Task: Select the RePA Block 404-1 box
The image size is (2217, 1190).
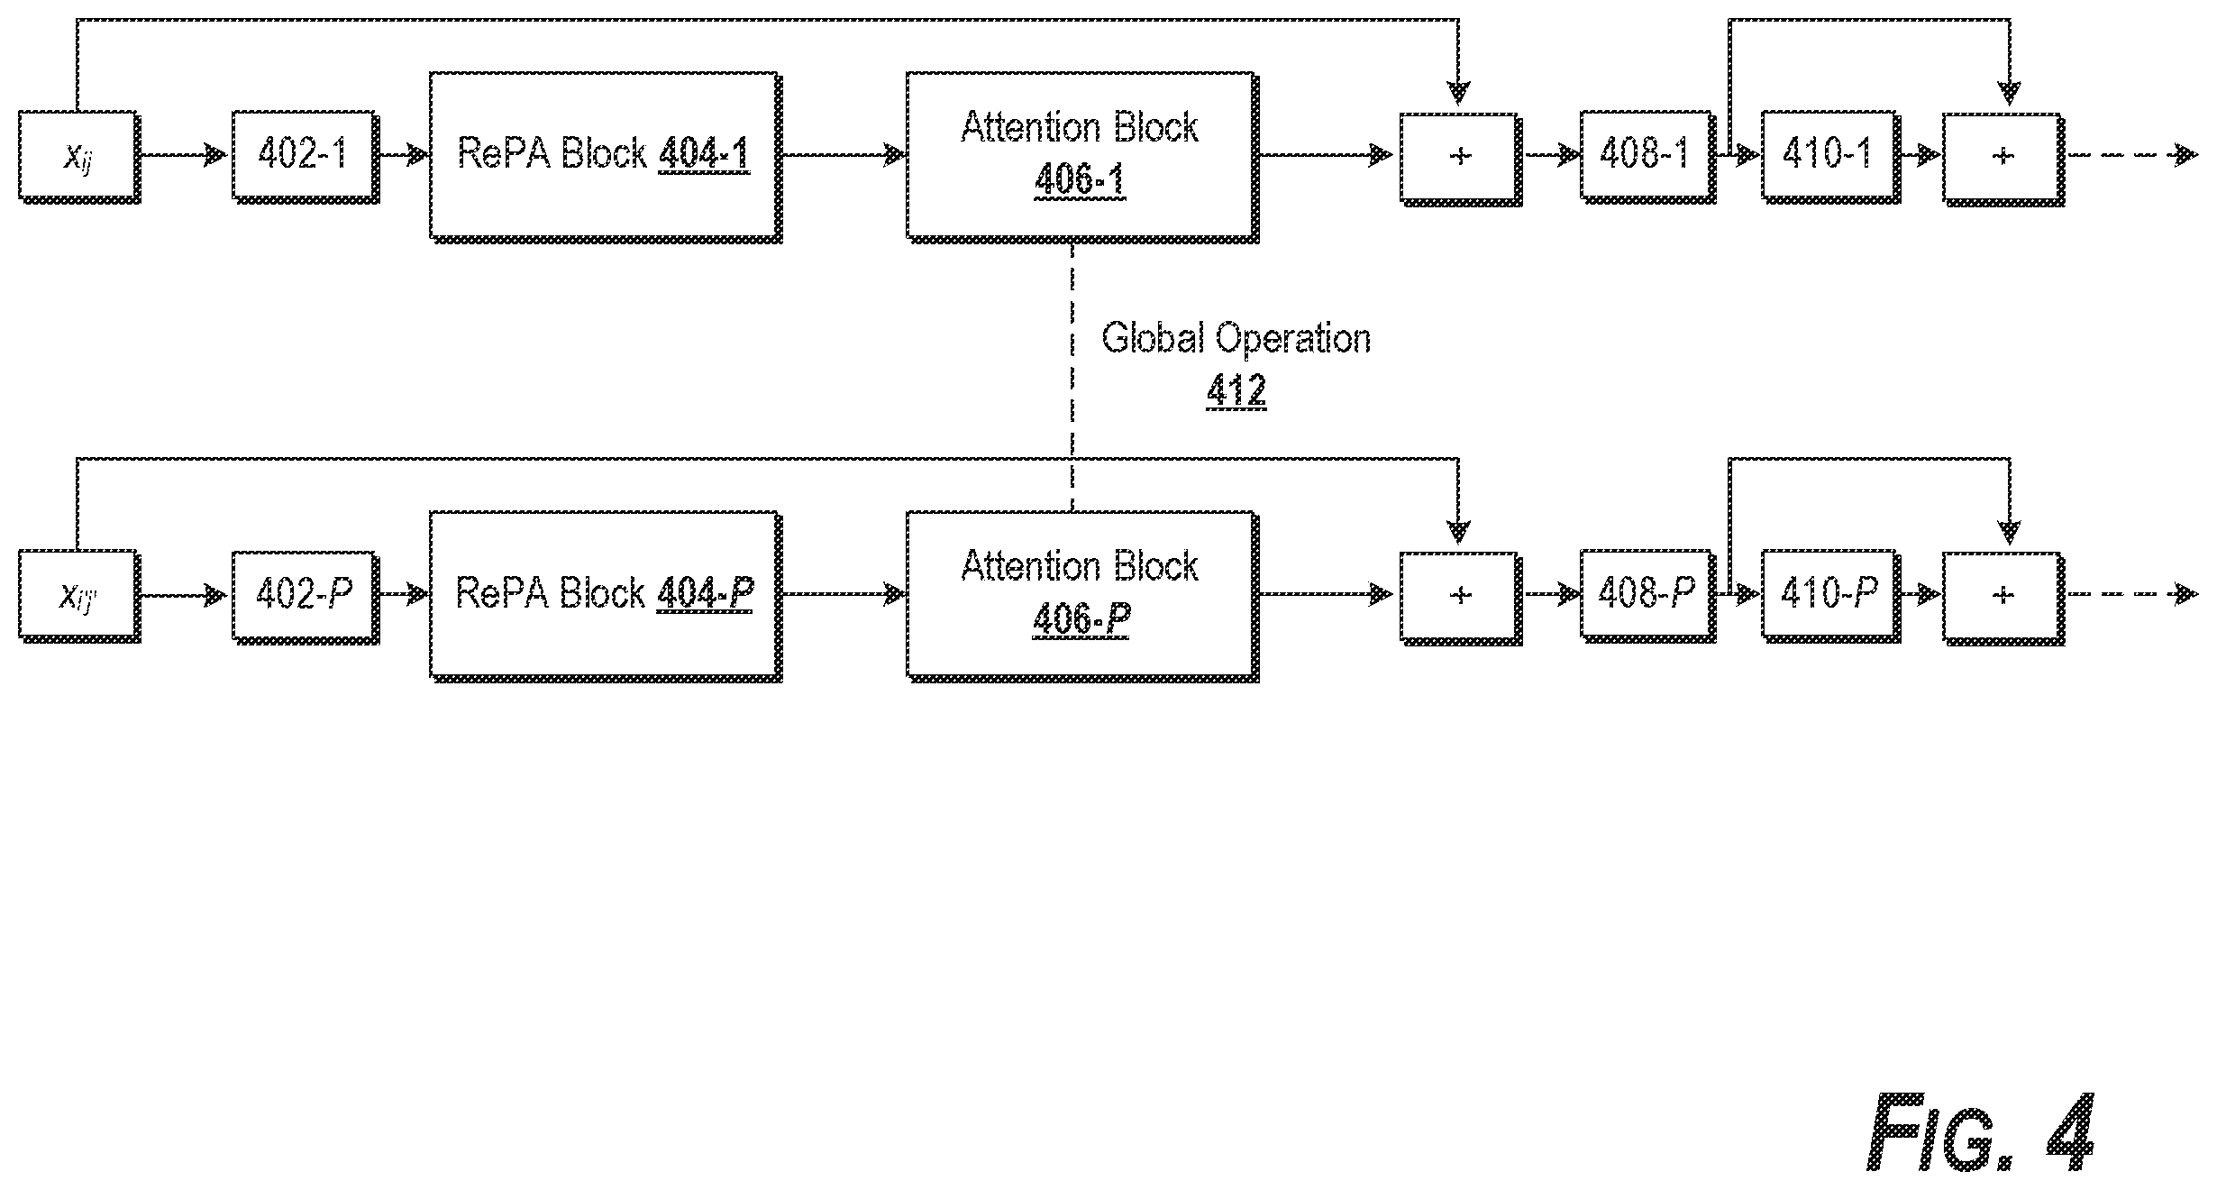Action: pyautogui.click(x=606, y=157)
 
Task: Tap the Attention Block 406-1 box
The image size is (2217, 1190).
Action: pyautogui.click(x=1082, y=157)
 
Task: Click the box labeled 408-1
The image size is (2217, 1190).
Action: pyautogui.click(x=1647, y=157)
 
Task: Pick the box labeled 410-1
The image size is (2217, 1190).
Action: pyautogui.click(x=1831, y=157)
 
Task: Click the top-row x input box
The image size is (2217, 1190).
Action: pyautogui.click(x=79, y=157)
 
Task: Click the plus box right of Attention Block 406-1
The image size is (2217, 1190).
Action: pyautogui.click(x=1461, y=159)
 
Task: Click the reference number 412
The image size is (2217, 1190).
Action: pyautogui.click(x=1236, y=390)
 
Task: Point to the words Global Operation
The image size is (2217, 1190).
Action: pyautogui.click(x=1236, y=339)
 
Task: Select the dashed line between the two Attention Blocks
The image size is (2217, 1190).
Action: pyautogui.click(x=1072, y=378)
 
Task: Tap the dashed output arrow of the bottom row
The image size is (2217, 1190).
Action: pyautogui.click(x=2131, y=595)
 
